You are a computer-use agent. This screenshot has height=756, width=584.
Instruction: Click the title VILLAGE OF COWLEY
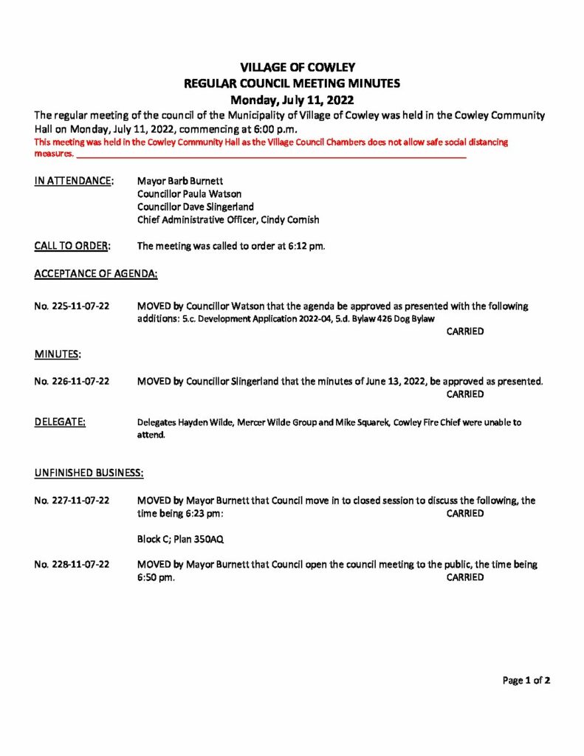(292, 67)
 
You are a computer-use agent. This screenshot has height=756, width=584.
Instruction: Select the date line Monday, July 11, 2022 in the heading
(292, 100)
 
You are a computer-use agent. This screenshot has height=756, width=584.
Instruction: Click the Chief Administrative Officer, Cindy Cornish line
(228, 221)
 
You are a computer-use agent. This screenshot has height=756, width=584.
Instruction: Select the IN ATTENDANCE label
(74, 181)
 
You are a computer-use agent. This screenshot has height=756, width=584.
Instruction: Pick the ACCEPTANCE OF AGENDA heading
(96, 274)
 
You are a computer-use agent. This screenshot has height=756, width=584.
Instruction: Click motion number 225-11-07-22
(72, 306)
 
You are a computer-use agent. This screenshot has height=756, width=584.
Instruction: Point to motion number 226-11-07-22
(72, 382)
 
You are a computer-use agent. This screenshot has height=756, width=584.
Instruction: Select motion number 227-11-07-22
(72, 501)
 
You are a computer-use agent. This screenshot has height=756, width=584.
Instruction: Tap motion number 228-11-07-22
(72, 565)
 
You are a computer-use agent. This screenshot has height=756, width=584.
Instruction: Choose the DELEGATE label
(60, 422)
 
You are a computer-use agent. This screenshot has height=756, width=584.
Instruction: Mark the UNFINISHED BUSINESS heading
(89, 471)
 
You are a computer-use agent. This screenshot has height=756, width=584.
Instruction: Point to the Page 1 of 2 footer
(526, 681)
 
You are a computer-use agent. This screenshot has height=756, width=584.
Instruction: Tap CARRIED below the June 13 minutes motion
(465, 394)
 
